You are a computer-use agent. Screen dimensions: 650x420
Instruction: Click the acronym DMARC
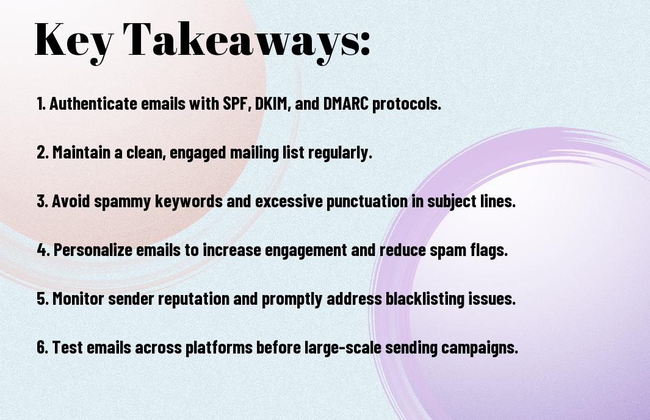point(345,104)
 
